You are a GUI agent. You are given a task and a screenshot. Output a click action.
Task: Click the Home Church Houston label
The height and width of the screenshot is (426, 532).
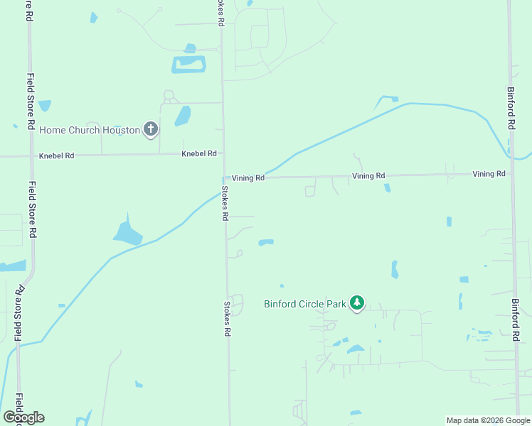(x=89, y=130)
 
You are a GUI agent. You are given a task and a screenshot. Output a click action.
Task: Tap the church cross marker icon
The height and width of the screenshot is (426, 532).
(x=150, y=129)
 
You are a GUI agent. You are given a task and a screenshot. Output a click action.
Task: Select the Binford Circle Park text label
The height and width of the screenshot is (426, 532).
(x=304, y=305)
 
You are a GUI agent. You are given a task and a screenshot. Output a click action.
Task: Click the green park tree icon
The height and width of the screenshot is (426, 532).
(x=357, y=304)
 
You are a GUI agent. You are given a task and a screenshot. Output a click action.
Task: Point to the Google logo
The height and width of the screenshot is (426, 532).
(x=23, y=417)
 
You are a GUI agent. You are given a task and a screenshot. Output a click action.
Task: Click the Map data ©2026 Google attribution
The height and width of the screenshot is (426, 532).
(x=488, y=420)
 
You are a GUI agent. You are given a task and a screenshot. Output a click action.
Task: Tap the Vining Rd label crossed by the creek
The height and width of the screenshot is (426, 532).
(x=248, y=178)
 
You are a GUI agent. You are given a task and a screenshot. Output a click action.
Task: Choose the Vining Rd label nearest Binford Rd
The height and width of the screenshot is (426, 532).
(x=489, y=174)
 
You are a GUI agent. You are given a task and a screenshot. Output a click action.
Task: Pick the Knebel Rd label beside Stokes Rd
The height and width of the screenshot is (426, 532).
(x=198, y=153)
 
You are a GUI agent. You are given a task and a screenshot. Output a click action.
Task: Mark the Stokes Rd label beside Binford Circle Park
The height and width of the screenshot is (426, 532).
(x=228, y=319)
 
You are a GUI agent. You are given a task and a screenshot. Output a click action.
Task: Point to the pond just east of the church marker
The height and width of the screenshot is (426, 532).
(x=183, y=115)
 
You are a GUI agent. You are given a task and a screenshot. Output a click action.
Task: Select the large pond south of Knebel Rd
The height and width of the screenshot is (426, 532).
(x=127, y=231)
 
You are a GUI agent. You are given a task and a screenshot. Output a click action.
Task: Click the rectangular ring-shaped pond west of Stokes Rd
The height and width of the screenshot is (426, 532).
(x=188, y=65)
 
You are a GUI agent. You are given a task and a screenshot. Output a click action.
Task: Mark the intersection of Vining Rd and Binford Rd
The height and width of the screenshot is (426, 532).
(x=512, y=173)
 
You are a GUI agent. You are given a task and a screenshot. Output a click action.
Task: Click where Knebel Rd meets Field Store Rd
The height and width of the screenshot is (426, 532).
(x=31, y=155)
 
